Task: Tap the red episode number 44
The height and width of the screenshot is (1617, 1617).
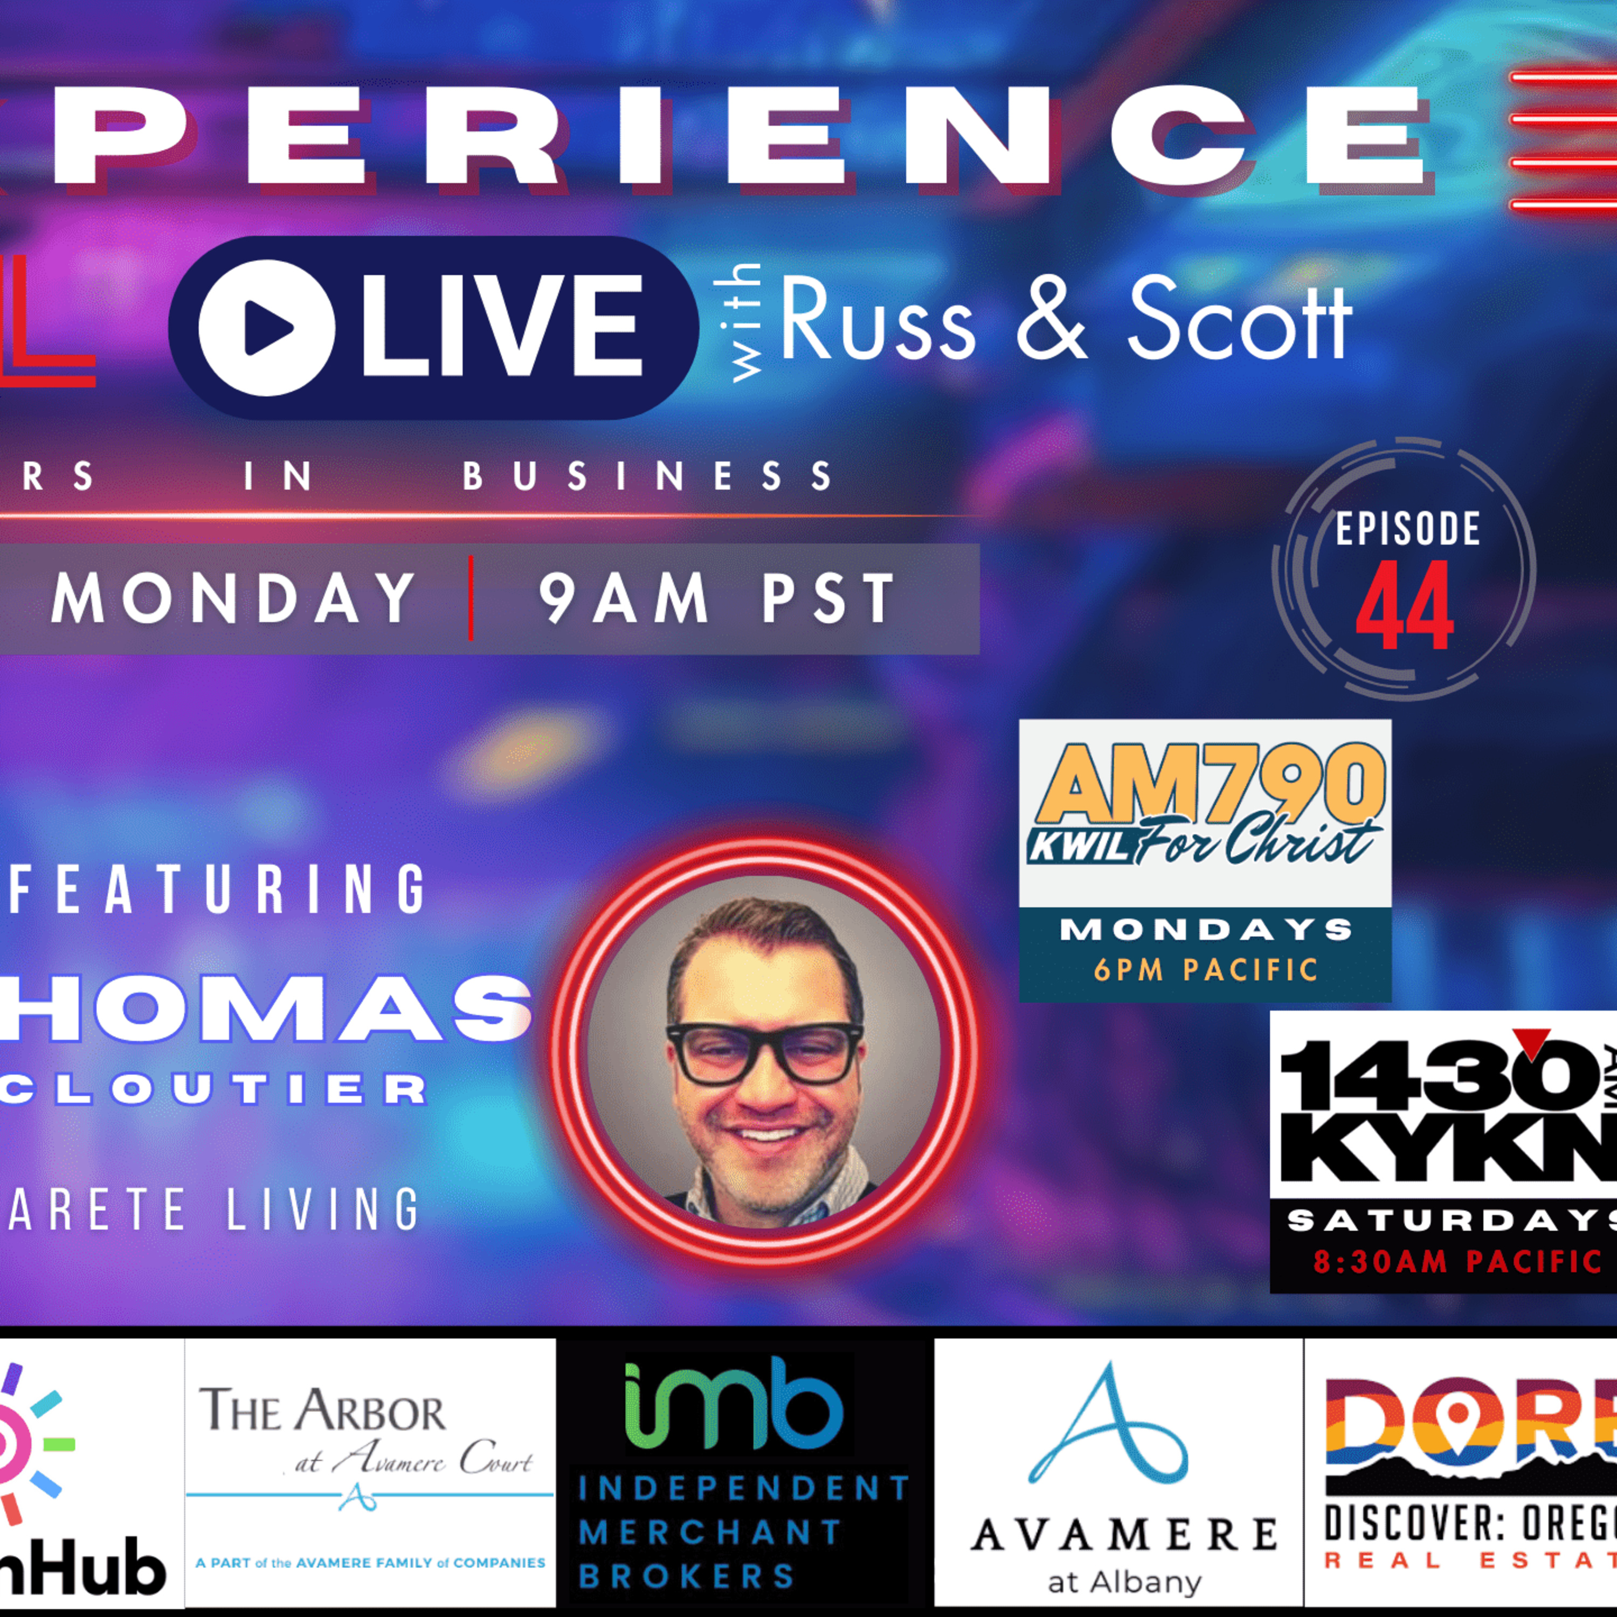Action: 1405,606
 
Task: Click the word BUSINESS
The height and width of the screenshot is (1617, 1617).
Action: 648,476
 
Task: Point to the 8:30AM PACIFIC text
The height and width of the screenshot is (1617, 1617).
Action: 1457,1261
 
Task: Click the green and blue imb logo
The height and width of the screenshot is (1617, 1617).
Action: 733,1406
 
